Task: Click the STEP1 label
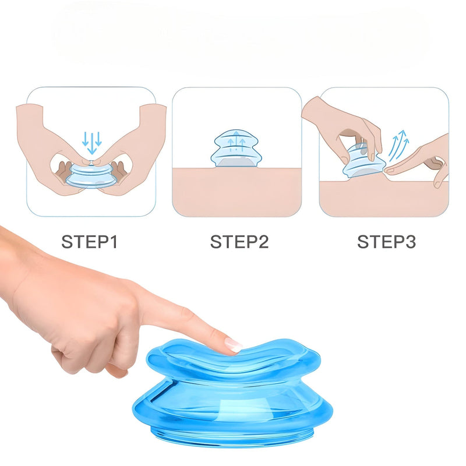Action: point(90,242)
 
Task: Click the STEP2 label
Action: point(239,242)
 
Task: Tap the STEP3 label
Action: point(386,242)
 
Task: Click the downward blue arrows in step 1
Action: point(91,140)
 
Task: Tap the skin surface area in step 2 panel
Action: point(236,192)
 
